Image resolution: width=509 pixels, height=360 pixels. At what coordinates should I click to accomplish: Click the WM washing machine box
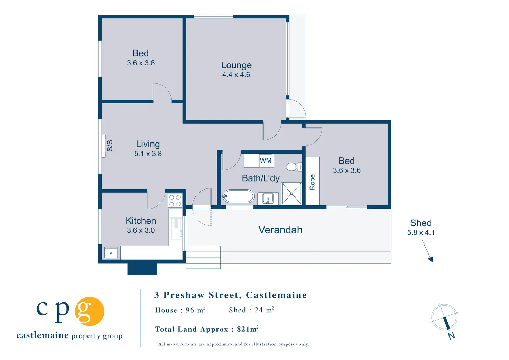(266, 160)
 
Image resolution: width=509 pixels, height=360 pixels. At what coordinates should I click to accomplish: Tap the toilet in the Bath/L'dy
(294, 167)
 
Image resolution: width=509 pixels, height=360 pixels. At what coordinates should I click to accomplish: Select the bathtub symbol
(238, 196)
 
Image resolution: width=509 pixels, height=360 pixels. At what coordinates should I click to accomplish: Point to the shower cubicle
(291, 193)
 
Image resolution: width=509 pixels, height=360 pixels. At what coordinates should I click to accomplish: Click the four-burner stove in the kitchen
(175, 201)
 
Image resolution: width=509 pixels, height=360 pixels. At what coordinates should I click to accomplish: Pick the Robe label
(312, 182)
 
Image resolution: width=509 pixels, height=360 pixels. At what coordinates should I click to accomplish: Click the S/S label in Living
(110, 146)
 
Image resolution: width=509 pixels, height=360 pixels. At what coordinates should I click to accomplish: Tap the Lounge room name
(236, 65)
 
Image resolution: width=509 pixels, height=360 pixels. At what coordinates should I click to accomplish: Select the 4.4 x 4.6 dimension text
(236, 75)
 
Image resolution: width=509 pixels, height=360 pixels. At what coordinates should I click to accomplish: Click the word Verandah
(280, 230)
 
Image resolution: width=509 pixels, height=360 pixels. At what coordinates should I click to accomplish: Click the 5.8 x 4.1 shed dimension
(421, 233)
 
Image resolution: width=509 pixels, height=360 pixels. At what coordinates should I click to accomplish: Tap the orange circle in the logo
(90, 311)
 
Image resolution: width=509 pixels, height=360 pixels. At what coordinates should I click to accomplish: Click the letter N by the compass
(452, 336)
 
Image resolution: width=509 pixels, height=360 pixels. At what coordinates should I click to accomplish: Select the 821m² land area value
(248, 329)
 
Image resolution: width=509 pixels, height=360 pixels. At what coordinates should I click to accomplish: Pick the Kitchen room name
(141, 221)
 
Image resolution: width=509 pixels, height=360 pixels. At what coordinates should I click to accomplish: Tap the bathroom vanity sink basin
(268, 199)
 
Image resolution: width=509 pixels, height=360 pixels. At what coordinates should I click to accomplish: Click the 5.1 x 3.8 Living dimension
(148, 154)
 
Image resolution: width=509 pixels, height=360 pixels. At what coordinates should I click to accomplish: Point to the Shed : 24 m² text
(251, 310)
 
